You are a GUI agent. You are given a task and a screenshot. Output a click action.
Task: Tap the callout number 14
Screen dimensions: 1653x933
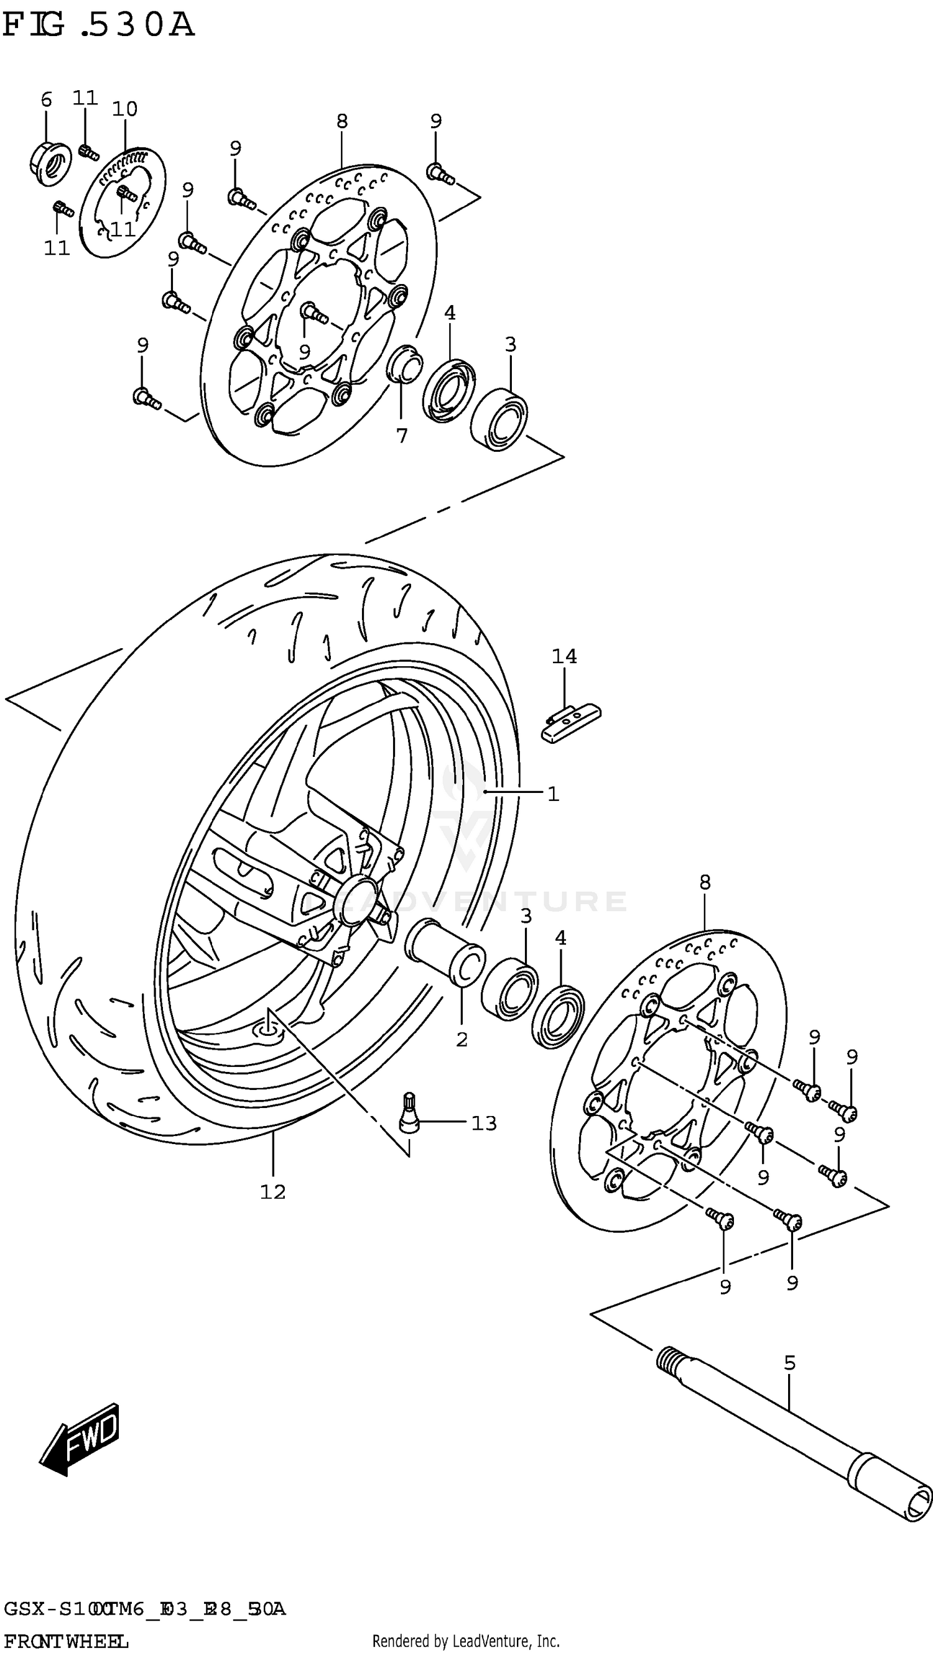(564, 656)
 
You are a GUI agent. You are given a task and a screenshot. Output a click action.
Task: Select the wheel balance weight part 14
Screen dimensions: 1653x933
(570, 723)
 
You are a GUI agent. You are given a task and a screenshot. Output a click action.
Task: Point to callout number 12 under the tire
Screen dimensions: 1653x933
(272, 1192)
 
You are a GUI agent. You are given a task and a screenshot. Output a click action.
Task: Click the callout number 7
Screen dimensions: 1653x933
(401, 436)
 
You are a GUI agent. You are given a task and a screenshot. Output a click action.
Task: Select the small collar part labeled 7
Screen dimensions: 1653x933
(404, 363)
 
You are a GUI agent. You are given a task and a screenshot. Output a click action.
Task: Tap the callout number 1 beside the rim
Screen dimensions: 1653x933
(553, 794)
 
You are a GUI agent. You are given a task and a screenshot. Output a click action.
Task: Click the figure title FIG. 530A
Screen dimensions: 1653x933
(98, 25)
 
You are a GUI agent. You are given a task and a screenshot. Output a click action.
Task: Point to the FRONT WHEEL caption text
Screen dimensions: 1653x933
(65, 1641)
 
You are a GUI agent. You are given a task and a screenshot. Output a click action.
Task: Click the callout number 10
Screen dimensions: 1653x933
(124, 109)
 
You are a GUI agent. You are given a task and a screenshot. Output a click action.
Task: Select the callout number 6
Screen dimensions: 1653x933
(46, 100)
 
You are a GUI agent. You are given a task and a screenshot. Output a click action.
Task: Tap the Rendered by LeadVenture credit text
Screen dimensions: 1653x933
(465, 1641)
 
